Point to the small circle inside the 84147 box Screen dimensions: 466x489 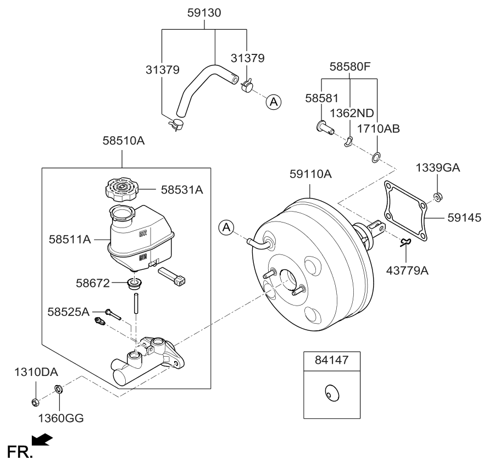[331, 393]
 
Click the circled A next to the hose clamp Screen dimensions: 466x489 [274, 102]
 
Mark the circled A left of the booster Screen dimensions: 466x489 [226, 226]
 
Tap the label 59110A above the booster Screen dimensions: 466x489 [310, 175]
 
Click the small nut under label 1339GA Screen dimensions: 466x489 [438, 197]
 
